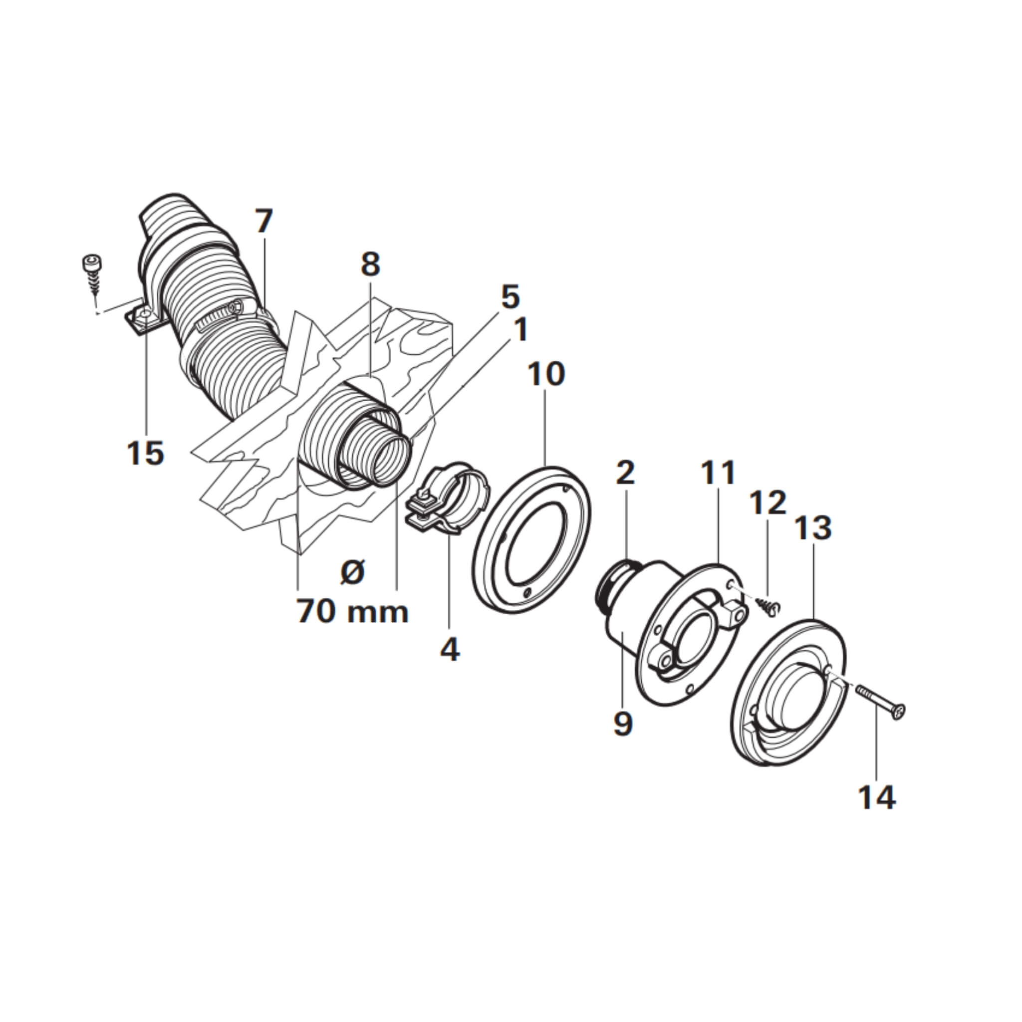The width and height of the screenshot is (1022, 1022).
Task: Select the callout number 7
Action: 264,221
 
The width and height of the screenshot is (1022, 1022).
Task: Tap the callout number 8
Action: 370,264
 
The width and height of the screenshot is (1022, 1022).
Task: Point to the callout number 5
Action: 510,297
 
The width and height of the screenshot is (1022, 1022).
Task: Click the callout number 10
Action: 546,373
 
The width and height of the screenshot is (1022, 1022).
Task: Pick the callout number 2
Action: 625,473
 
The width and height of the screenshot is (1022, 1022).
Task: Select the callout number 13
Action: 813,527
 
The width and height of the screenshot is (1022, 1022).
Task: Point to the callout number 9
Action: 623,723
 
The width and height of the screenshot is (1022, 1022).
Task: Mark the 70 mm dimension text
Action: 353,611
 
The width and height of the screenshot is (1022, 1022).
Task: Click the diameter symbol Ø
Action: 353,572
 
